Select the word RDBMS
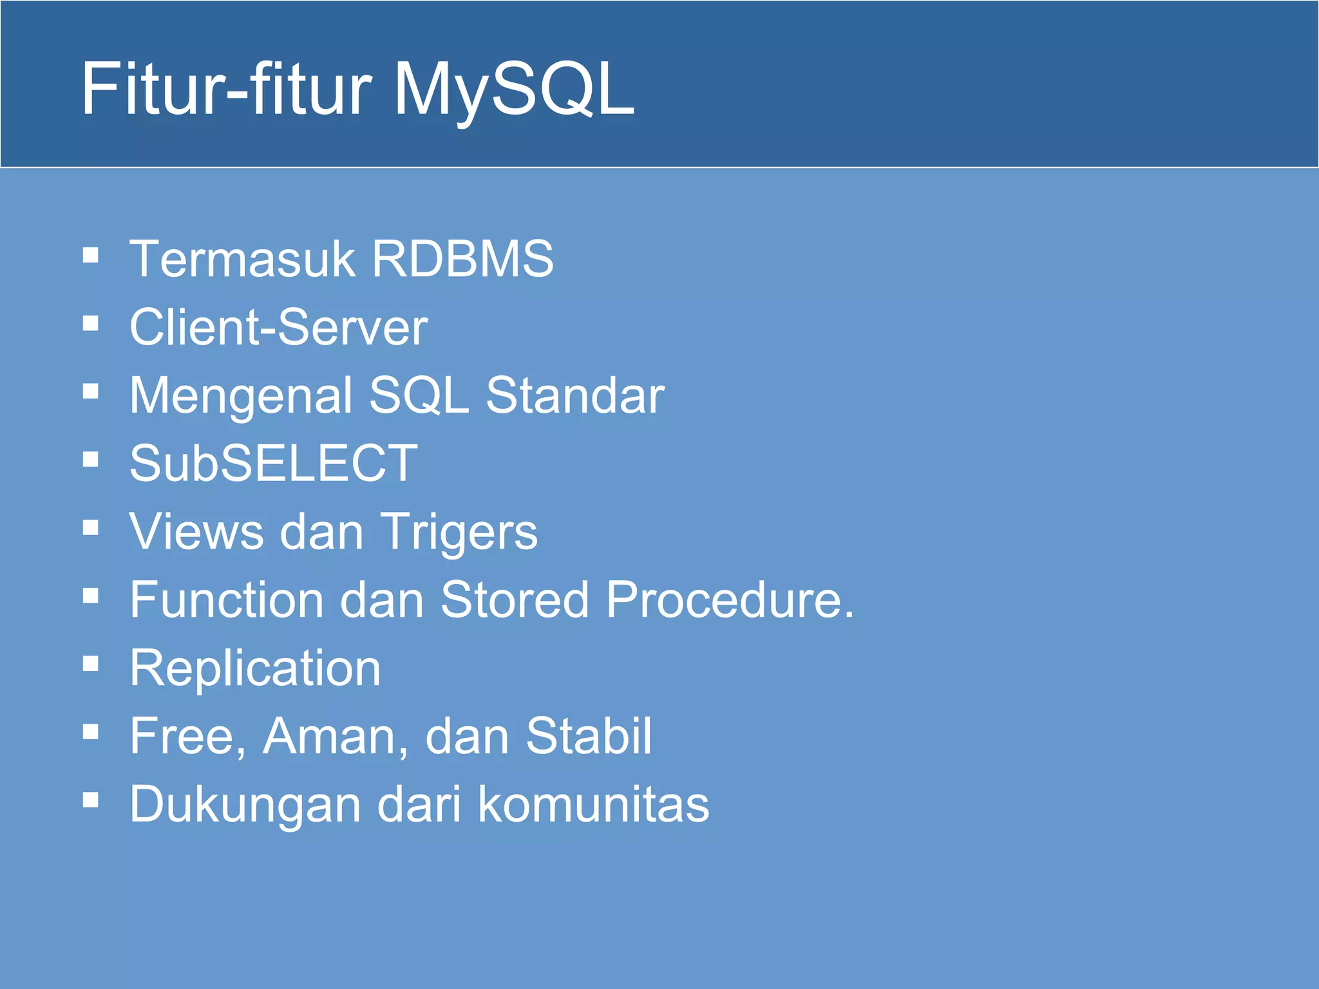click(462, 259)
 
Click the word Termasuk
click(242, 259)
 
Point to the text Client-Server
click(278, 327)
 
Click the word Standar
click(574, 395)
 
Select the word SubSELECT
click(274, 463)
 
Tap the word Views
click(196, 532)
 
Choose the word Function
click(227, 599)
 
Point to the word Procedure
click(729, 599)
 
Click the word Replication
click(255, 669)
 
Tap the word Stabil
click(588, 736)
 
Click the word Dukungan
click(245, 805)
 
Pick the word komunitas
click(593, 804)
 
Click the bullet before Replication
click(91, 663)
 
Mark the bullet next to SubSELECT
click(91, 459)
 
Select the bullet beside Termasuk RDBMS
click(91, 255)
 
